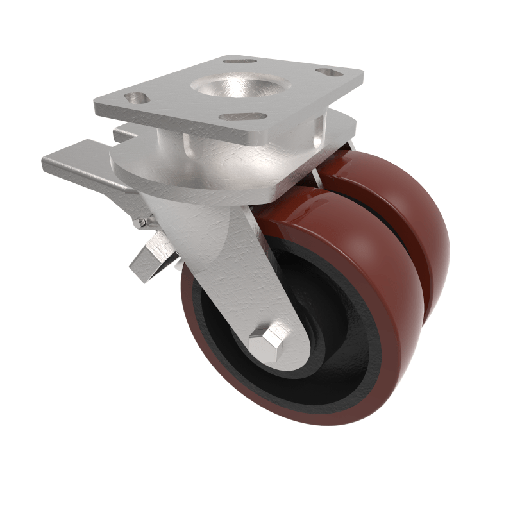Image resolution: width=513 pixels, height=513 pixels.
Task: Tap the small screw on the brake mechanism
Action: point(142,223)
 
